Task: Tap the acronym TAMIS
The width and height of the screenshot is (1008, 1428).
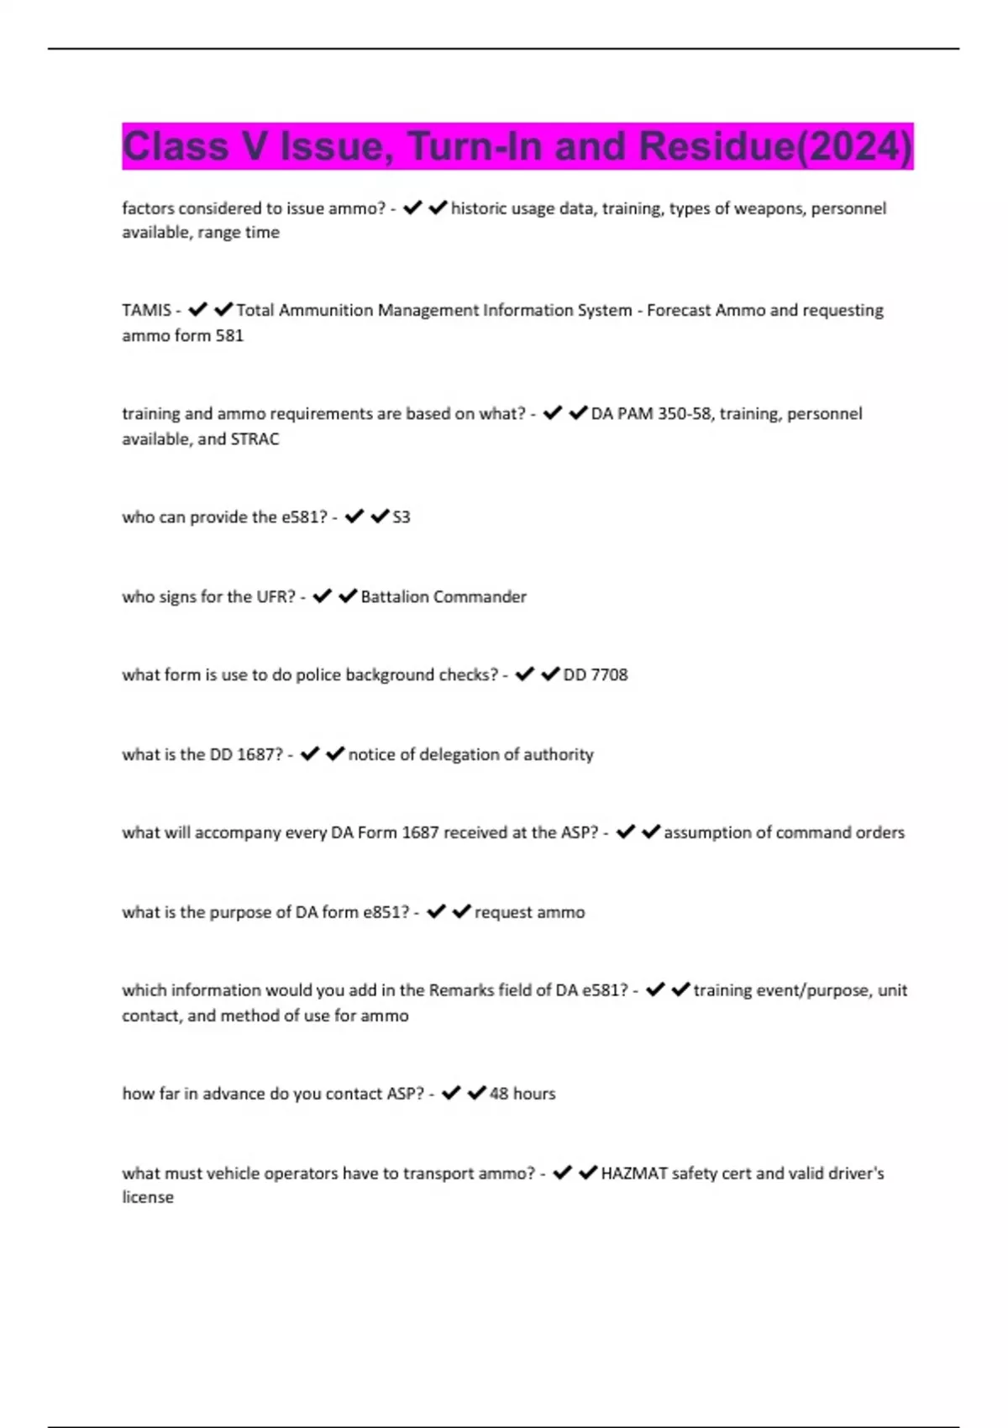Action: [146, 310]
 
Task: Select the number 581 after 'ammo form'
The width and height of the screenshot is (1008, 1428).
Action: [229, 335]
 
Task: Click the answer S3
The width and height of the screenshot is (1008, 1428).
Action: [402, 517]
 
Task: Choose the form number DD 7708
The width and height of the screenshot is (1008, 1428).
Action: [596, 675]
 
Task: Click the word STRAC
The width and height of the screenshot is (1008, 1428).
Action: [255, 438]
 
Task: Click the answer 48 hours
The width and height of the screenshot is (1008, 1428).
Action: [522, 1094]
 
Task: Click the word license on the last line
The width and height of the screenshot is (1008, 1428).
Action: [148, 1197]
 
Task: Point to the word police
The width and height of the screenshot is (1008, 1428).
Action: [318, 675]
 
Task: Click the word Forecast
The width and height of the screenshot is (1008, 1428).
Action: [679, 310]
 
